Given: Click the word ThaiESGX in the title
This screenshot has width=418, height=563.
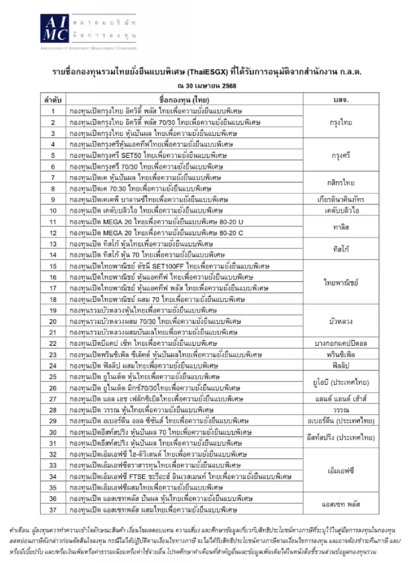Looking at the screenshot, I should [208, 72].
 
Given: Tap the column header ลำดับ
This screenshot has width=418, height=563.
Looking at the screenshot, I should [53, 100].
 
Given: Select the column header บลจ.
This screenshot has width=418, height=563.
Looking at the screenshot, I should [341, 100].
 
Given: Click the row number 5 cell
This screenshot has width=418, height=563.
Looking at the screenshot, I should [53, 155].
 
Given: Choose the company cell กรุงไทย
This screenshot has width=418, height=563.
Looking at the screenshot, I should [341, 122].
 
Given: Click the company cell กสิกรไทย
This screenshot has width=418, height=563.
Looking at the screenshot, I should [341, 183].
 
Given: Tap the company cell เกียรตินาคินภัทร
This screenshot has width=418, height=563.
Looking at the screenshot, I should [341, 199].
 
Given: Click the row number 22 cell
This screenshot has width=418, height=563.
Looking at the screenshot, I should [53, 343].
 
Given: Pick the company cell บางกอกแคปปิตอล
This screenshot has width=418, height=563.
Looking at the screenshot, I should [341, 343].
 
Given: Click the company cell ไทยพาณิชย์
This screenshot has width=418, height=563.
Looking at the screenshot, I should [341, 283].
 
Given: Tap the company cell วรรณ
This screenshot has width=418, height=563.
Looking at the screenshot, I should [341, 410].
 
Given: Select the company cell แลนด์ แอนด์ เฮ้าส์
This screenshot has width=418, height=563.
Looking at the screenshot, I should [341, 399].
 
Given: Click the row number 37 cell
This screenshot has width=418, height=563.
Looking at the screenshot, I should [53, 510].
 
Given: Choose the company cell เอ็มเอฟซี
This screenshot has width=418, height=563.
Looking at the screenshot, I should [341, 471].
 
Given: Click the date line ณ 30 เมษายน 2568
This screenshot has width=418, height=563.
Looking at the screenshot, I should [207, 86].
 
